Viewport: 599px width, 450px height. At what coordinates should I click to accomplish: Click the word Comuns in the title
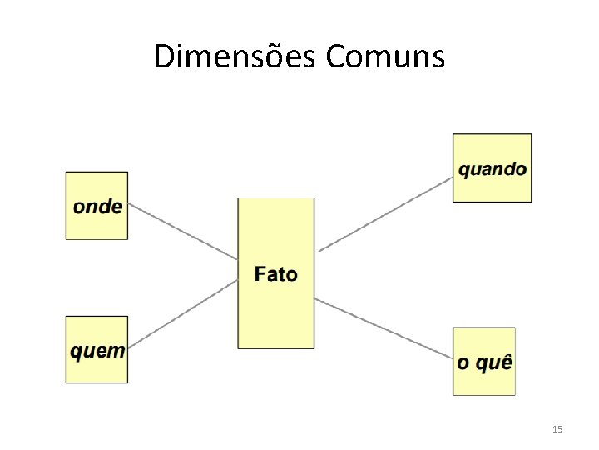coord(386,57)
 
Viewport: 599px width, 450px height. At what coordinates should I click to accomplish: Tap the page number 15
coord(557,429)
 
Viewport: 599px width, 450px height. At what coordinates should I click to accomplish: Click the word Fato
coord(276,273)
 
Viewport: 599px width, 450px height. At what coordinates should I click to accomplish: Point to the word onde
coord(97,206)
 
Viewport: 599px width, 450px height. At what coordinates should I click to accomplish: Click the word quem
coord(97,351)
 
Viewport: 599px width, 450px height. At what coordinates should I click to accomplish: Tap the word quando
coord(492,169)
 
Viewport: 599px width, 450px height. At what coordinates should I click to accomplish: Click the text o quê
coord(484,363)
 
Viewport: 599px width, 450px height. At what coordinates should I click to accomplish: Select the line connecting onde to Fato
coord(183,232)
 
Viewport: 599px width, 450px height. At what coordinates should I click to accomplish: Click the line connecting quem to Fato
coord(183,312)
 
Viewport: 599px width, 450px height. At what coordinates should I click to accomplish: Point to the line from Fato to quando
coord(384,214)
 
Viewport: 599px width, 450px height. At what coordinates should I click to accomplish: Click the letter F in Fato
coord(260,273)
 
